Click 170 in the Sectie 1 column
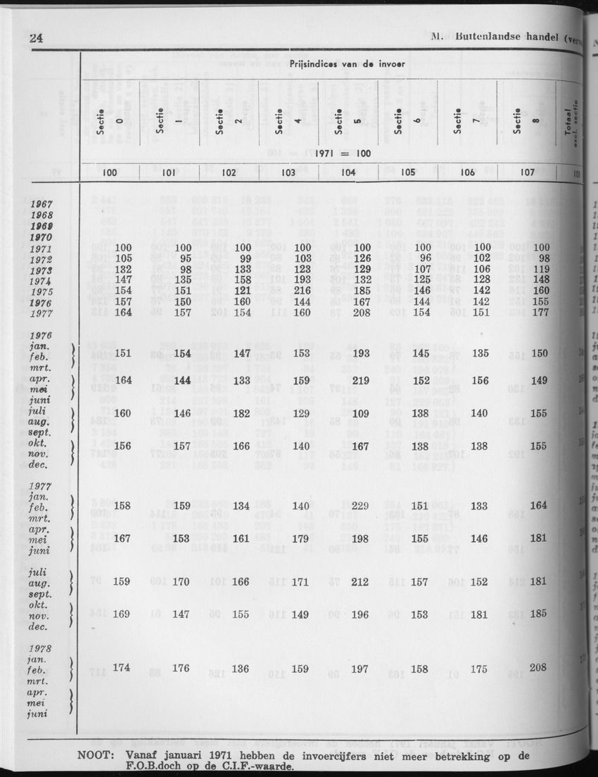point(182,581)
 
